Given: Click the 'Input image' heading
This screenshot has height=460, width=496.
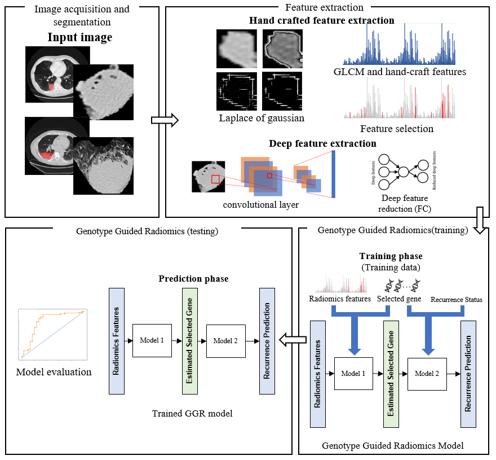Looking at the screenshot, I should (x=79, y=38).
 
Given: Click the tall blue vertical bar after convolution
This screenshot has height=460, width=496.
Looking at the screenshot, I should (x=333, y=169).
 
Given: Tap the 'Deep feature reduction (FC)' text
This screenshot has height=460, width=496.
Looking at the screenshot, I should (x=405, y=203).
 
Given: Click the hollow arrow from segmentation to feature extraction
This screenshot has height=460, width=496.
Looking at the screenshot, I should (x=165, y=120).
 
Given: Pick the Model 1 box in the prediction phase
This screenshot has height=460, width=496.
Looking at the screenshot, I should (x=152, y=340).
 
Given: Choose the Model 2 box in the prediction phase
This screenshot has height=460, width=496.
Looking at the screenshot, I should (x=225, y=341).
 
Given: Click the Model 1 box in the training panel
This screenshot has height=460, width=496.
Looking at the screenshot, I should (x=353, y=373).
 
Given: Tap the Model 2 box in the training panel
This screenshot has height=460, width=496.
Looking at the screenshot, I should (x=427, y=373).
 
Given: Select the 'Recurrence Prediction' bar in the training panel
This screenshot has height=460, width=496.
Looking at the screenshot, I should (x=468, y=374).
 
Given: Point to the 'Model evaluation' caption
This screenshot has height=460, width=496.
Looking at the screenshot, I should (x=54, y=371).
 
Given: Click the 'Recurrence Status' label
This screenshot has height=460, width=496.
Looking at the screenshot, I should (x=456, y=300).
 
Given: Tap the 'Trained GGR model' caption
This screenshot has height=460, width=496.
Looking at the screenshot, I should (x=192, y=414).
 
